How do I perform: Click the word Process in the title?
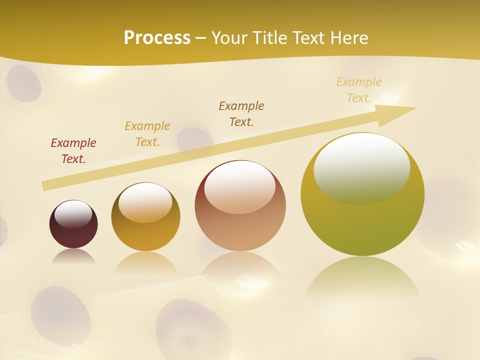coord(157,38)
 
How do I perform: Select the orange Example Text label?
coord(147,134)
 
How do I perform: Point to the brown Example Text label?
coord(241,113)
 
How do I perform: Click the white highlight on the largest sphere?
coord(361,167)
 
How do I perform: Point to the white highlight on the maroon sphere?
coord(73,214)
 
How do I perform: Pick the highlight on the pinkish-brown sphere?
coord(240,187)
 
